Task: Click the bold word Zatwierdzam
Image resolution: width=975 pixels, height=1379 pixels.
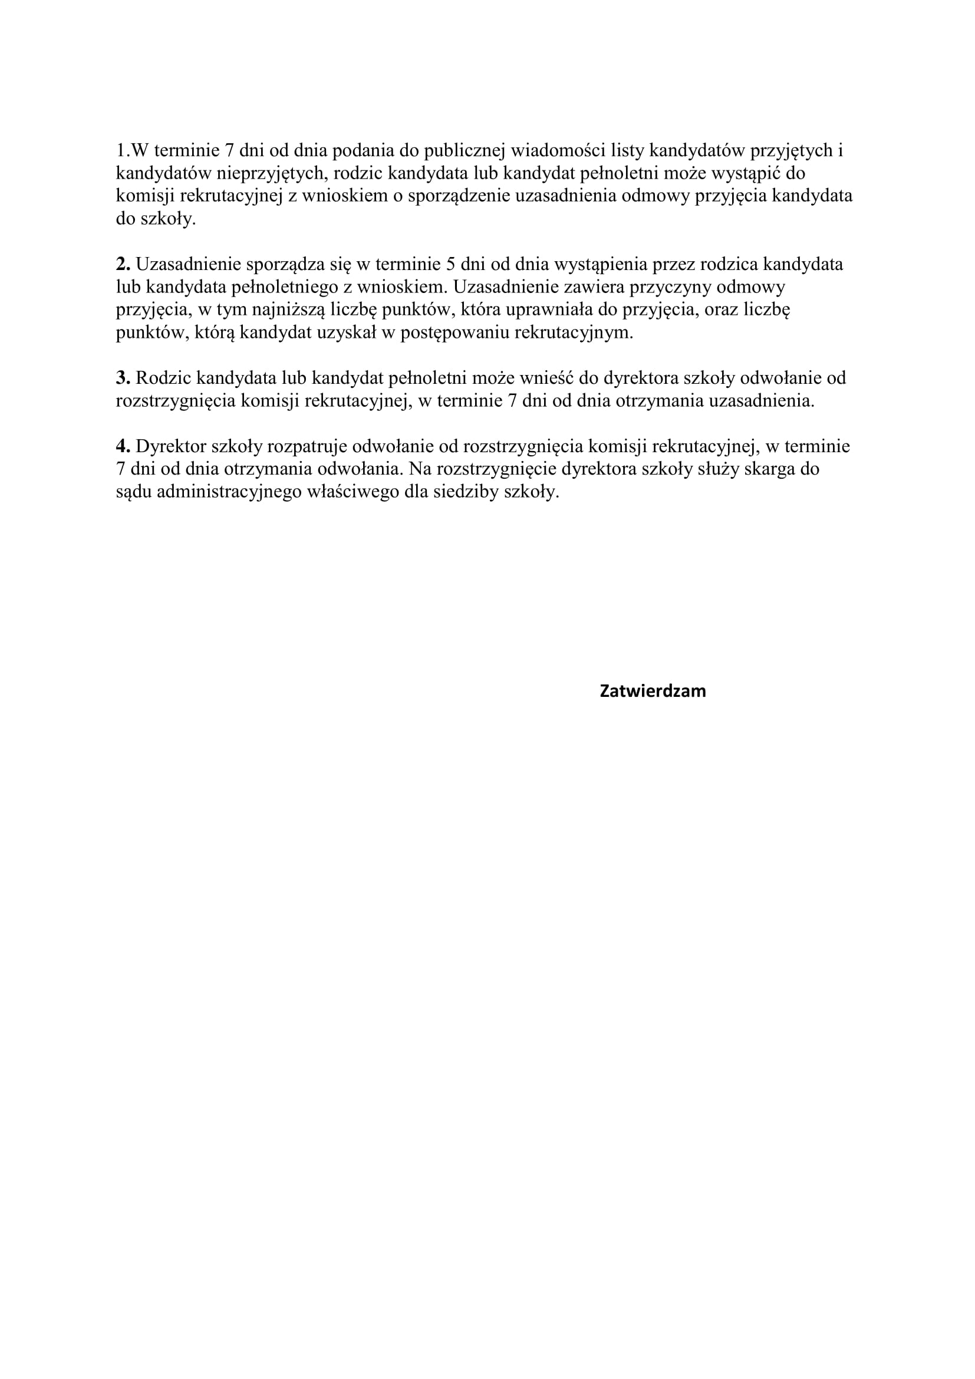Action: point(653,692)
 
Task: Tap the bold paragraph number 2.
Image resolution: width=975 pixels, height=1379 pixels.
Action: point(123,264)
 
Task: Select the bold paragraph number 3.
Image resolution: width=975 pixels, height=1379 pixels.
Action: point(123,378)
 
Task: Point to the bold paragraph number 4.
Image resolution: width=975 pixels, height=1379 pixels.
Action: point(123,446)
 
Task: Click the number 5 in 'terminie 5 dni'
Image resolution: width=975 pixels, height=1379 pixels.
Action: point(450,264)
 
